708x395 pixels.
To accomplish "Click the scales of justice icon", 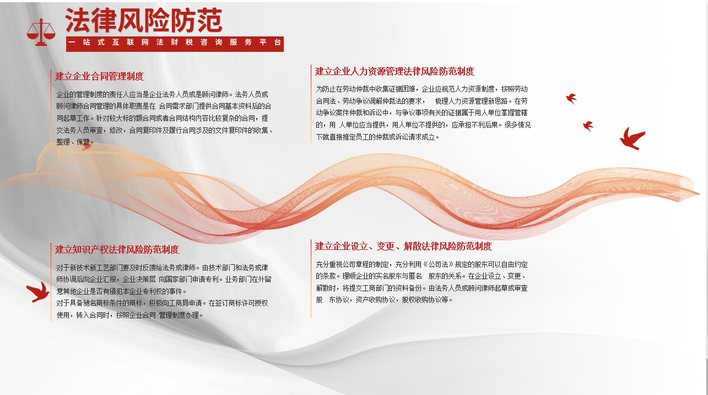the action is (x=41, y=32).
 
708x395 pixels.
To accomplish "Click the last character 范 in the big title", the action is (x=210, y=20).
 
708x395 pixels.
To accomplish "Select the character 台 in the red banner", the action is (x=278, y=42).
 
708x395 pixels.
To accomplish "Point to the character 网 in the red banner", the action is (x=145, y=42).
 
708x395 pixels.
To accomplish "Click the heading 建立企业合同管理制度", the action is (x=100, y=76).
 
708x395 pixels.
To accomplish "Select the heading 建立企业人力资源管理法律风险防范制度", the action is (x=395, y=72).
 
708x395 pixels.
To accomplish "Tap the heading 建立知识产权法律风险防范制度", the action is (x=117, y=250).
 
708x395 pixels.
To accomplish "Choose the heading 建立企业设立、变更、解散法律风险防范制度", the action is (x=404, y=246).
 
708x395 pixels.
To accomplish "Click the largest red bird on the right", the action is (x=632, y=138).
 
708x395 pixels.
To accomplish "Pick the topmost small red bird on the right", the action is (x=571, y=98).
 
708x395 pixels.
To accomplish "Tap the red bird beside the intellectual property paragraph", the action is (x=38, y=292).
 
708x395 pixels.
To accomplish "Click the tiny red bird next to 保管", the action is (x=87, y=146).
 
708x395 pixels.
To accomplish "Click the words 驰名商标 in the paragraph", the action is (x=96, y=303).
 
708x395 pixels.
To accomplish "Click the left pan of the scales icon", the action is (x=33, y=33).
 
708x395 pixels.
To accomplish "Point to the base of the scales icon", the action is (x=41, y=44).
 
